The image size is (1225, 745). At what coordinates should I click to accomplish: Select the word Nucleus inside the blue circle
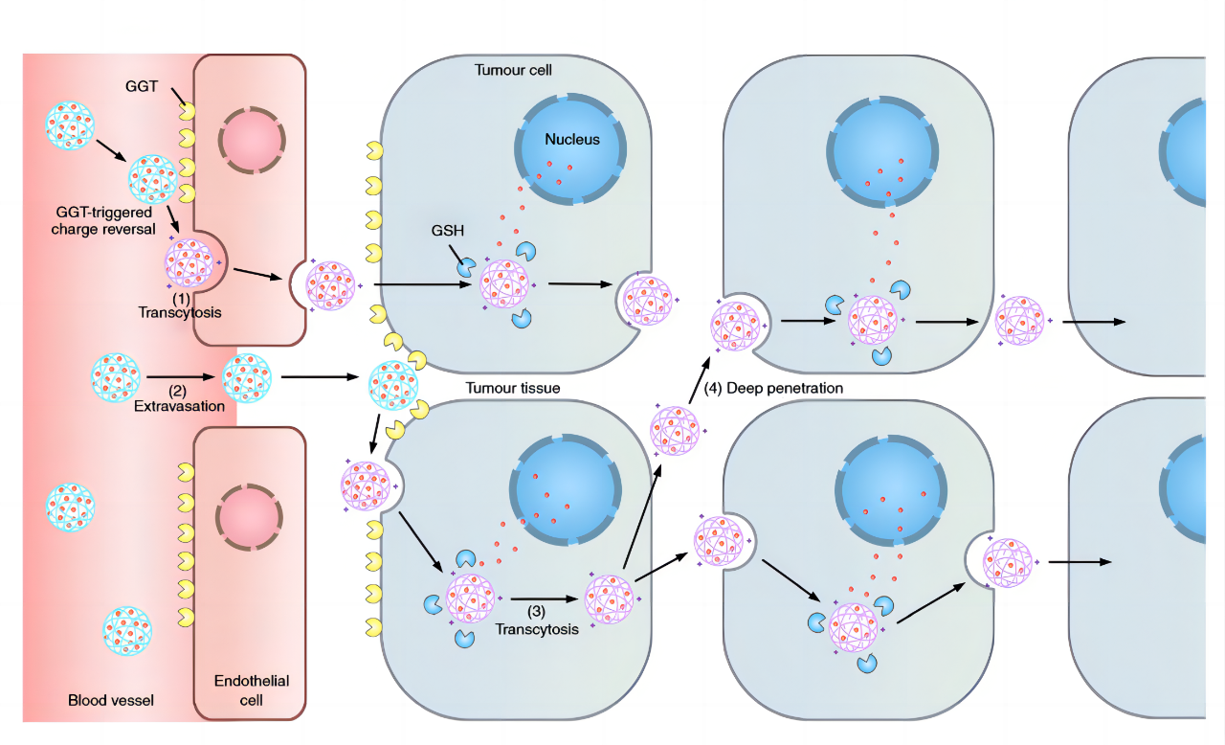pyautogui.click(x=572, y=140)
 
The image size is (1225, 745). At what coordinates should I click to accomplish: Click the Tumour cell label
pyautogui.click(x=513, y=70)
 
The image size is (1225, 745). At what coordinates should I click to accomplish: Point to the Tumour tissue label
pyautogui.click(x=513, y=388)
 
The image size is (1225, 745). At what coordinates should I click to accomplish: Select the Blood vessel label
pyautogui.click(x=111, y=700)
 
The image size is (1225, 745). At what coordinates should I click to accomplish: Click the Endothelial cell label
pyautogui.click(x=251, y=690)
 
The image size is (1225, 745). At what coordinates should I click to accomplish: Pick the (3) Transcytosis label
pyautogui.click(x=537, y=621)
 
